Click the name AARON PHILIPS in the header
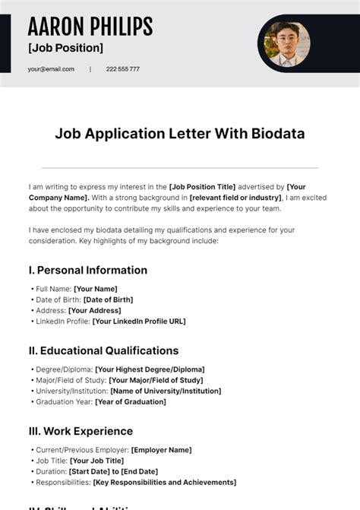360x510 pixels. point(90,27)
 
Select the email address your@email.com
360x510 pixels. point(51,69)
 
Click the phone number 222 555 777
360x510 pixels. point(122,69)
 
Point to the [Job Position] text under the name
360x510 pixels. point(65,48)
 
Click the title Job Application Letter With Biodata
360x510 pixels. point(179,134)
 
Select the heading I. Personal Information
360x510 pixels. point(87,270)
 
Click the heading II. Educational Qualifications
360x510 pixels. point(103,350)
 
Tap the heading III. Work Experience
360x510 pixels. point(81,431)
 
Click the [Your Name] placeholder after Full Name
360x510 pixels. point(95,289)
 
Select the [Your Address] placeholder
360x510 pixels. point(94,310)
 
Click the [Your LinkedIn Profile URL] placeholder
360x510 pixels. point(138,321)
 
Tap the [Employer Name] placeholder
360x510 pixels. point(161,450)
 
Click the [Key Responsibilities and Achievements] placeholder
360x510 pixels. point(164,482)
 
